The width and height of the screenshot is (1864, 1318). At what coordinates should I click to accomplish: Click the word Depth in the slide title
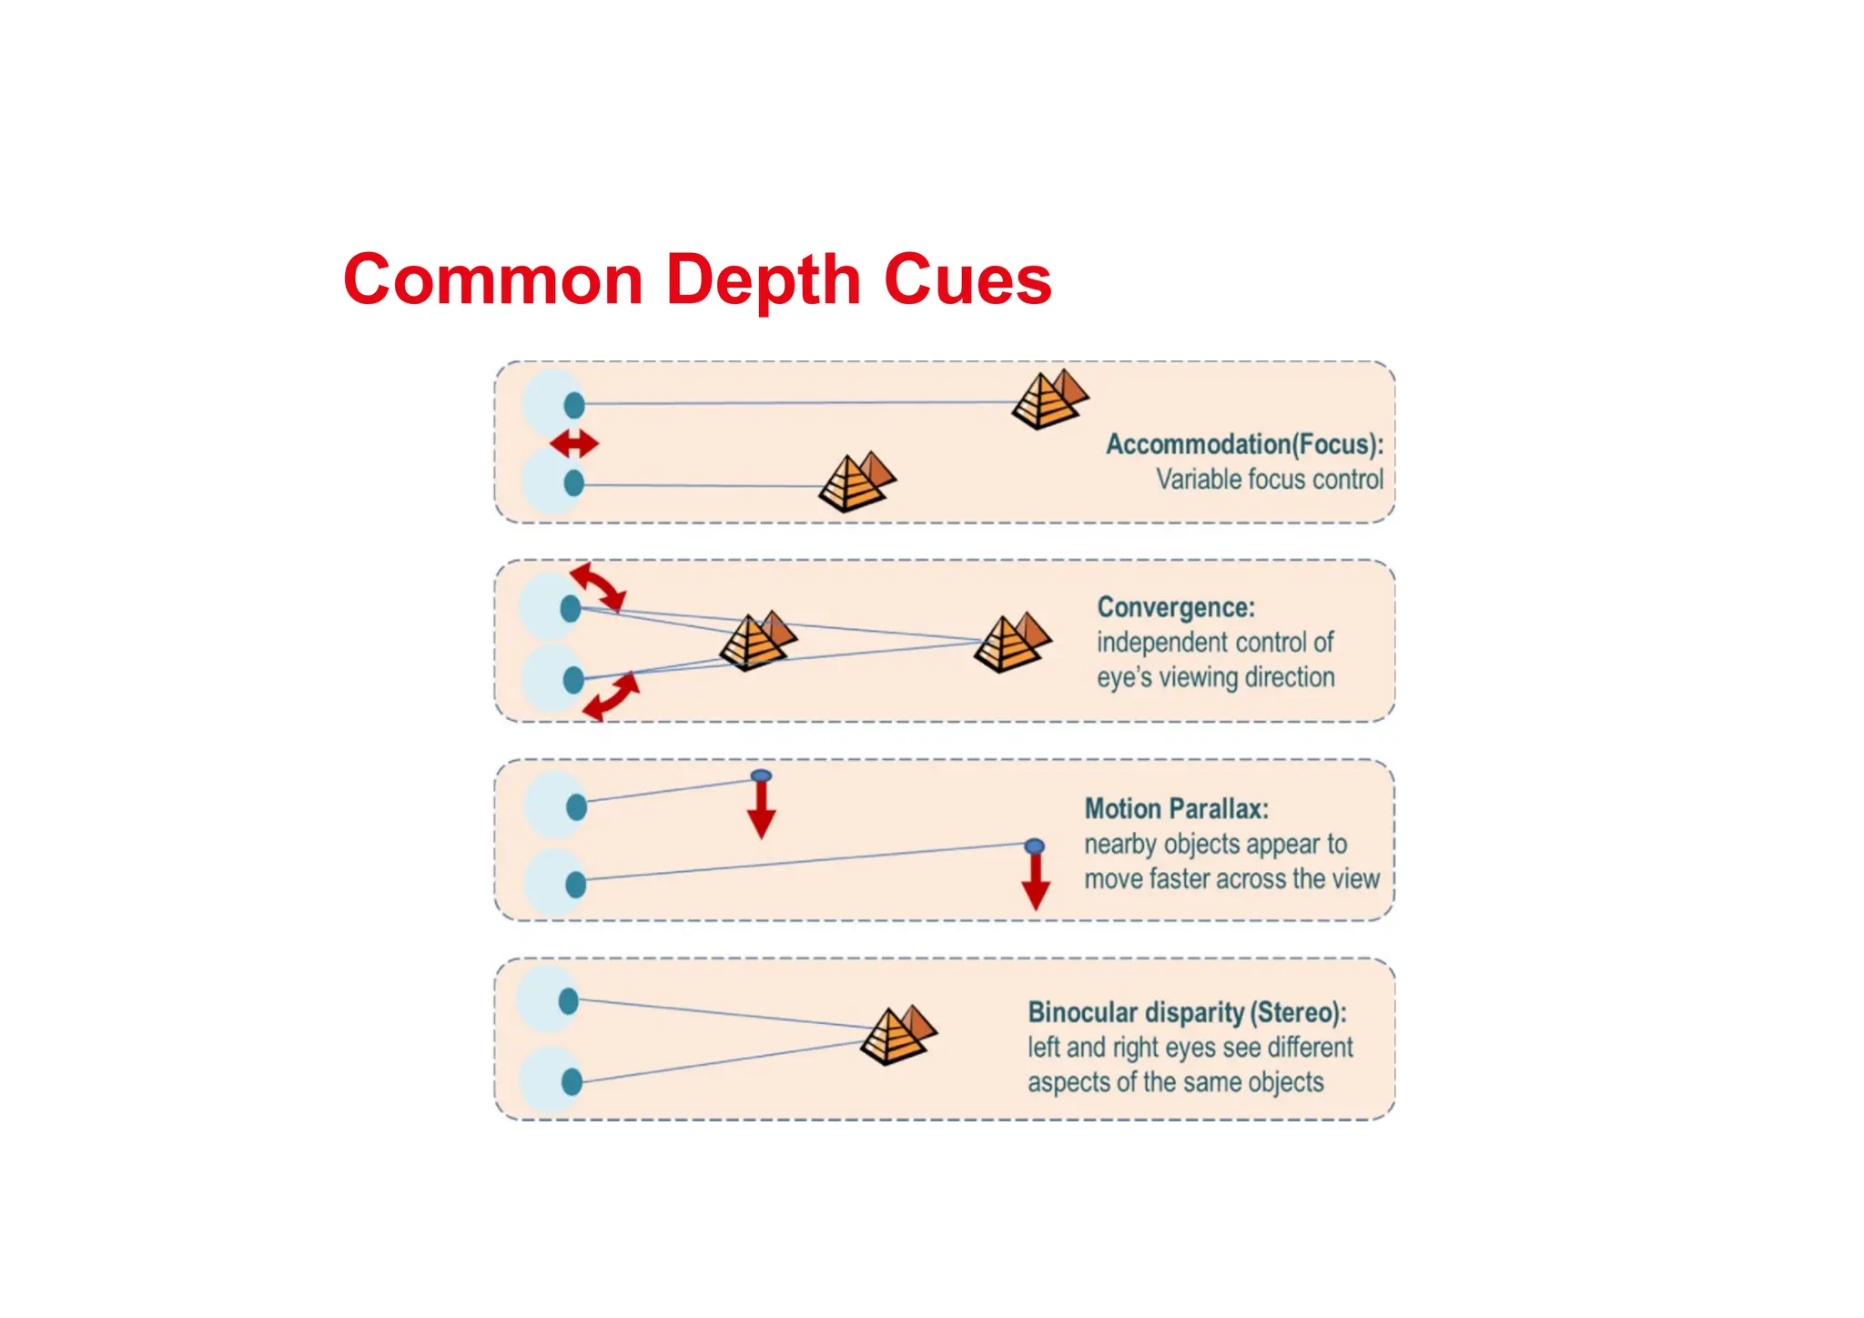[x=763, y=280]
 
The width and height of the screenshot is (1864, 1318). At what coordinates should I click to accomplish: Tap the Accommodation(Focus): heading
[x=1244, y=444]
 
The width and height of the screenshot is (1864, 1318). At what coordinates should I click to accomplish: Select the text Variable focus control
[x=1269, y=479]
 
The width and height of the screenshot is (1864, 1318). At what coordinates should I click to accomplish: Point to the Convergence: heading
[x=1175, y=607]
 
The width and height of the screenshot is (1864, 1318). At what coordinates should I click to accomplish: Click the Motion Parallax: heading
[x=1176, y=808]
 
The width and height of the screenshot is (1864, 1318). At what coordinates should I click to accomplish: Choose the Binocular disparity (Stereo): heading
[x=1187, y=1012]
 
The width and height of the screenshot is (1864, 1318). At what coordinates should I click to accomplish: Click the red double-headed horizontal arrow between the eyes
[x=574, y=444]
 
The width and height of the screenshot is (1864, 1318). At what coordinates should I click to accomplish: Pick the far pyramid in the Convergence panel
[x=1011, y=642]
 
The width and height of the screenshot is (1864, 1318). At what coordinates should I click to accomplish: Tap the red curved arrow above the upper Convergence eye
[x=599, y=586]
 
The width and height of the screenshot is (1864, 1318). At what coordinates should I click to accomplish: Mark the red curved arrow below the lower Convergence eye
[x=612, y=696]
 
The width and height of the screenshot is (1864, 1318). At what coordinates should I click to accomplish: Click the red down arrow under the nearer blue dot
[x=761, y=811]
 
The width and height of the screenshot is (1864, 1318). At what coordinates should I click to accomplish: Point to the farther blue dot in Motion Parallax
[x=1034, y=847]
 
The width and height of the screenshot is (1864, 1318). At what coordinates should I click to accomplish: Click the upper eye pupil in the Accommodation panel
[x=574, y=405]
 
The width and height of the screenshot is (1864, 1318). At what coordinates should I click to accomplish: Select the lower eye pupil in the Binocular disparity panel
[x=572, y=1081]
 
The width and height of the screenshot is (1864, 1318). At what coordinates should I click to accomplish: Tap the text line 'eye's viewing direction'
[x=1215, y=678]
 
